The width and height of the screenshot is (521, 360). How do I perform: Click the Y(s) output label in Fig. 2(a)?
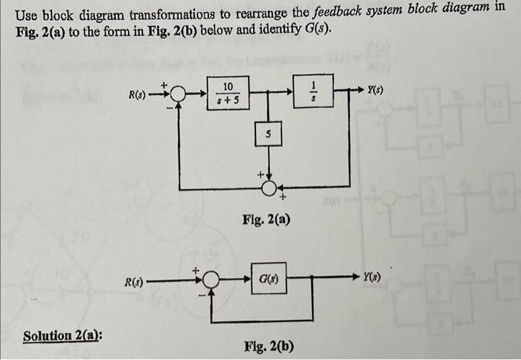(x=376, y=89)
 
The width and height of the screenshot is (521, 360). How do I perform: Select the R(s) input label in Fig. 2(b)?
(x=134, y=282)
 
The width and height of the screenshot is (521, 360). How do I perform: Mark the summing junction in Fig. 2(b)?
(x=212, y=281)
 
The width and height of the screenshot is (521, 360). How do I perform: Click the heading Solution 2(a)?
(x=63, y=335)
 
